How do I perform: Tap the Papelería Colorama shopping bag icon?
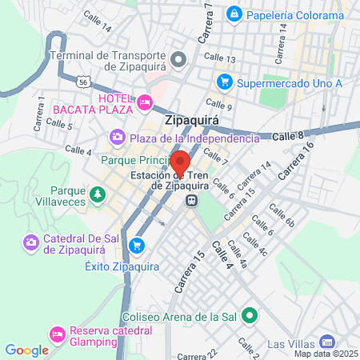234,13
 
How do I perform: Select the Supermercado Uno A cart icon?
225,82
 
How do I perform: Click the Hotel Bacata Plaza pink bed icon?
145,102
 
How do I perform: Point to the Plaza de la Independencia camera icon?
118,138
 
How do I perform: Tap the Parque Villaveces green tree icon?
97,194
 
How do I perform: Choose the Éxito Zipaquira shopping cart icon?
138,245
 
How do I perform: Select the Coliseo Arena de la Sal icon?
250,315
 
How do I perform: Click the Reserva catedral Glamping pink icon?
58,332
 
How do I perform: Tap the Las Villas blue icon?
326,342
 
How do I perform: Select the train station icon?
192,200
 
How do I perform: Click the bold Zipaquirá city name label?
191,122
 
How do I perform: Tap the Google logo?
26,350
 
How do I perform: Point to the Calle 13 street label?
219,59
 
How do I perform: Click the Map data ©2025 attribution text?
325,354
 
